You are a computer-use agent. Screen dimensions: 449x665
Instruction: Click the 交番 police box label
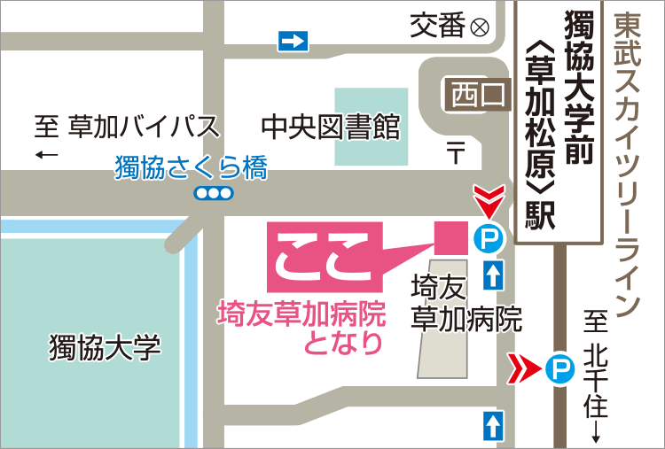pyautogui.click(x=438, y=27)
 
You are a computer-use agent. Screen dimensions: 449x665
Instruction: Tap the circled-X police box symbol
pyautogui.click(x=480, y=27)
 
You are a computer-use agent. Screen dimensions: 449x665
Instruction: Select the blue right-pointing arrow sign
pyautogui.click(x=292, y=41)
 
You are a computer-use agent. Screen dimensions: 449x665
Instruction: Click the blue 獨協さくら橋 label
pyautogui.click(x=191, y=168)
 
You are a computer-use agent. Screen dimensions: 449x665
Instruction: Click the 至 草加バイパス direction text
pyautogui.click(x=127, y=128)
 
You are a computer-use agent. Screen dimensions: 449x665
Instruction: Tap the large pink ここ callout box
pyautogui.click(x=325, y=255)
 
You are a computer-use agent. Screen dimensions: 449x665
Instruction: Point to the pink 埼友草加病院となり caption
pyautogui.click(x=302, y=327)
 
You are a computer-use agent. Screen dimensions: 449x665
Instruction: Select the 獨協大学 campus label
pyautogui.click(x=105, y=347)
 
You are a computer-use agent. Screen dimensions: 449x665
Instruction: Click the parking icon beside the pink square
pyautogui.click(x=487, y=238)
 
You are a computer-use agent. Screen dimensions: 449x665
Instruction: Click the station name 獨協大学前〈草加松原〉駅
pyautogui.click(x=559, y=120)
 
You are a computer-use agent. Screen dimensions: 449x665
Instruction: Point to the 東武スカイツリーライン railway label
pyautogui.click(x=626, y=164)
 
